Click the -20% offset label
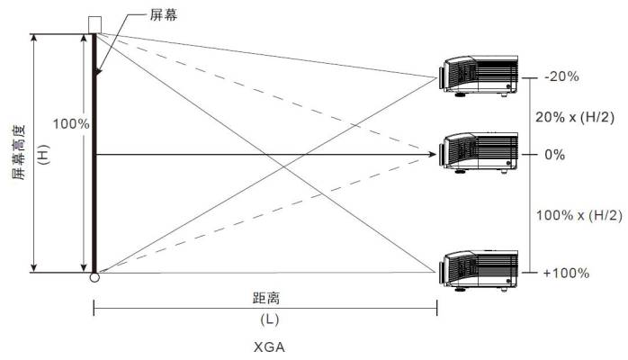click(561, 76)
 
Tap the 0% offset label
click(555, 155)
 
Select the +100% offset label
click(566, 273)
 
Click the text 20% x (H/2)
click(575, 117)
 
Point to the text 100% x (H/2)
click(579, 215)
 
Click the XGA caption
click(270, 346)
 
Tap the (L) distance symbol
click(270, 319)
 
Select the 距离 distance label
click(266, 298)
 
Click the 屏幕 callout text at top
click(164, 14)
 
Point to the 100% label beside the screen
click(71, 123)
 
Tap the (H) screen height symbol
click(43, 155)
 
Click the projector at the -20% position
click(479, 76)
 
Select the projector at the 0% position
click(479, 153)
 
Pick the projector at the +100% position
click(479, 271)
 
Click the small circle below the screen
click(94, 277)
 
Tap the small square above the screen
click(95, 25)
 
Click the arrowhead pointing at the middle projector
click(432, 154)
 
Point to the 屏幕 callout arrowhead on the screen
click(98, 72)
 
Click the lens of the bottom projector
click(442, 273)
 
